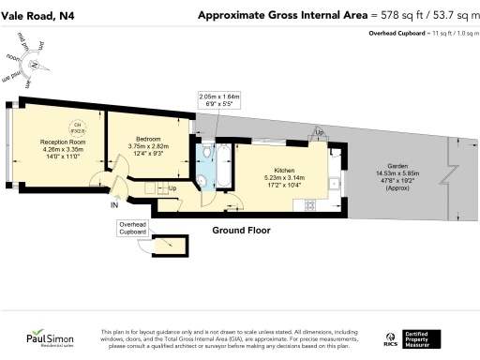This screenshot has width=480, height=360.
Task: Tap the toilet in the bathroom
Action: point(204,150)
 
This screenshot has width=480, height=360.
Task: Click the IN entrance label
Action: point(114,204)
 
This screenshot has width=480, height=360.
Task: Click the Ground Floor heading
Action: point(241,230)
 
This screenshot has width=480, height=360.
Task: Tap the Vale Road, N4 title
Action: point(38,14)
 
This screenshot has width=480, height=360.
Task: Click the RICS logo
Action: point(390,337)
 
